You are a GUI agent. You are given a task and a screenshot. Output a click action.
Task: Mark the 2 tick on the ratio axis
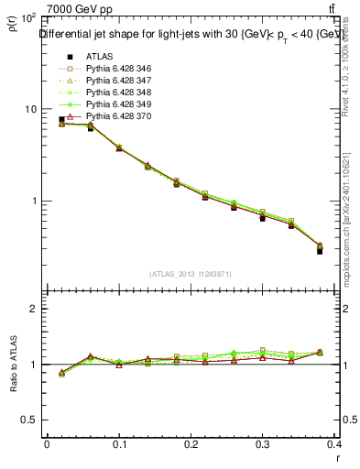pyautogui.click(x=34, y=309)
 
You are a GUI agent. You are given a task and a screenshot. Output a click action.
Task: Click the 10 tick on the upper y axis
pyautogui.click(x=29, y=109)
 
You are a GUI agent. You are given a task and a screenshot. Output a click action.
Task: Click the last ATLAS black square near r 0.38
pyautogui.click(x=320, y=250)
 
